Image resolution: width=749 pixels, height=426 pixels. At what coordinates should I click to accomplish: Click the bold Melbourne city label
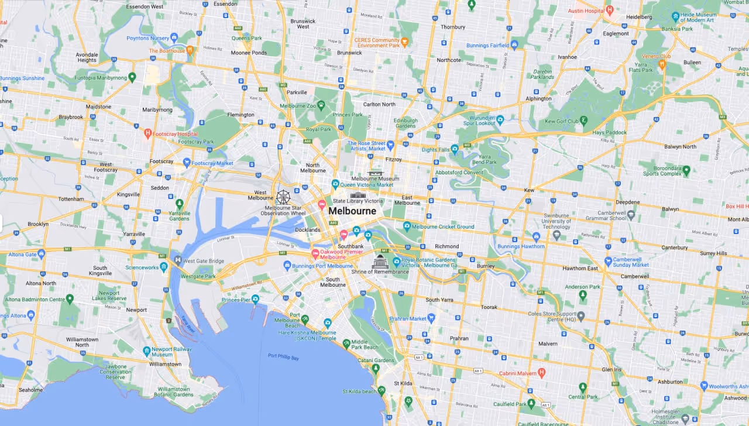(352, 211)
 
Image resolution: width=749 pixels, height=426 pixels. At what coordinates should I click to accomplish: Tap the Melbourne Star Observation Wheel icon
(283, 197)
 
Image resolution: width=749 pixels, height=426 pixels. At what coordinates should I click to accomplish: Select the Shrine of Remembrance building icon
(380, 262)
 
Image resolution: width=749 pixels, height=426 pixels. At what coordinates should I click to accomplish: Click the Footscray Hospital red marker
(148, 133)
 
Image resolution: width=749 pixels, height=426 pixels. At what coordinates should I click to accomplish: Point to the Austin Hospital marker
(609, 10)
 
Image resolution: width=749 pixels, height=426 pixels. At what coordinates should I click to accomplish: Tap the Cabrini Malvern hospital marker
(541, 372)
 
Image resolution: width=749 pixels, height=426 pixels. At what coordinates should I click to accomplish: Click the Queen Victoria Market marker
(335, 184)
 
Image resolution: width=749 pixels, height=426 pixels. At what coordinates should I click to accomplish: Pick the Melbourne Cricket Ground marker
(407, 226)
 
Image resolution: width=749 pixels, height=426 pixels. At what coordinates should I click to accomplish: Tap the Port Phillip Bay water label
(283, 356)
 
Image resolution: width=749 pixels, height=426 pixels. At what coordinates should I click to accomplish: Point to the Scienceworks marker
(164, 267)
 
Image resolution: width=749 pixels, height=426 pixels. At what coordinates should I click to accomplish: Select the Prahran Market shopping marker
(431, 318)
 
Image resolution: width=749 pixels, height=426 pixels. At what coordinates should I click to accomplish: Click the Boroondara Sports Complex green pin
(686, 170)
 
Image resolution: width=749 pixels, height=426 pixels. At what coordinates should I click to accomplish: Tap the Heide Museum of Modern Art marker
(676, 16)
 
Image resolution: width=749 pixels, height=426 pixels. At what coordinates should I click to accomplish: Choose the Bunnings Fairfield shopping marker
(514, 44)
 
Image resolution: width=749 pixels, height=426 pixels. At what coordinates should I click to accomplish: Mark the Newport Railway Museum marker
(147, 351)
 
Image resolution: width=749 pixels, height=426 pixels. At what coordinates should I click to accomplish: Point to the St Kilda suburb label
(404, 383)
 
